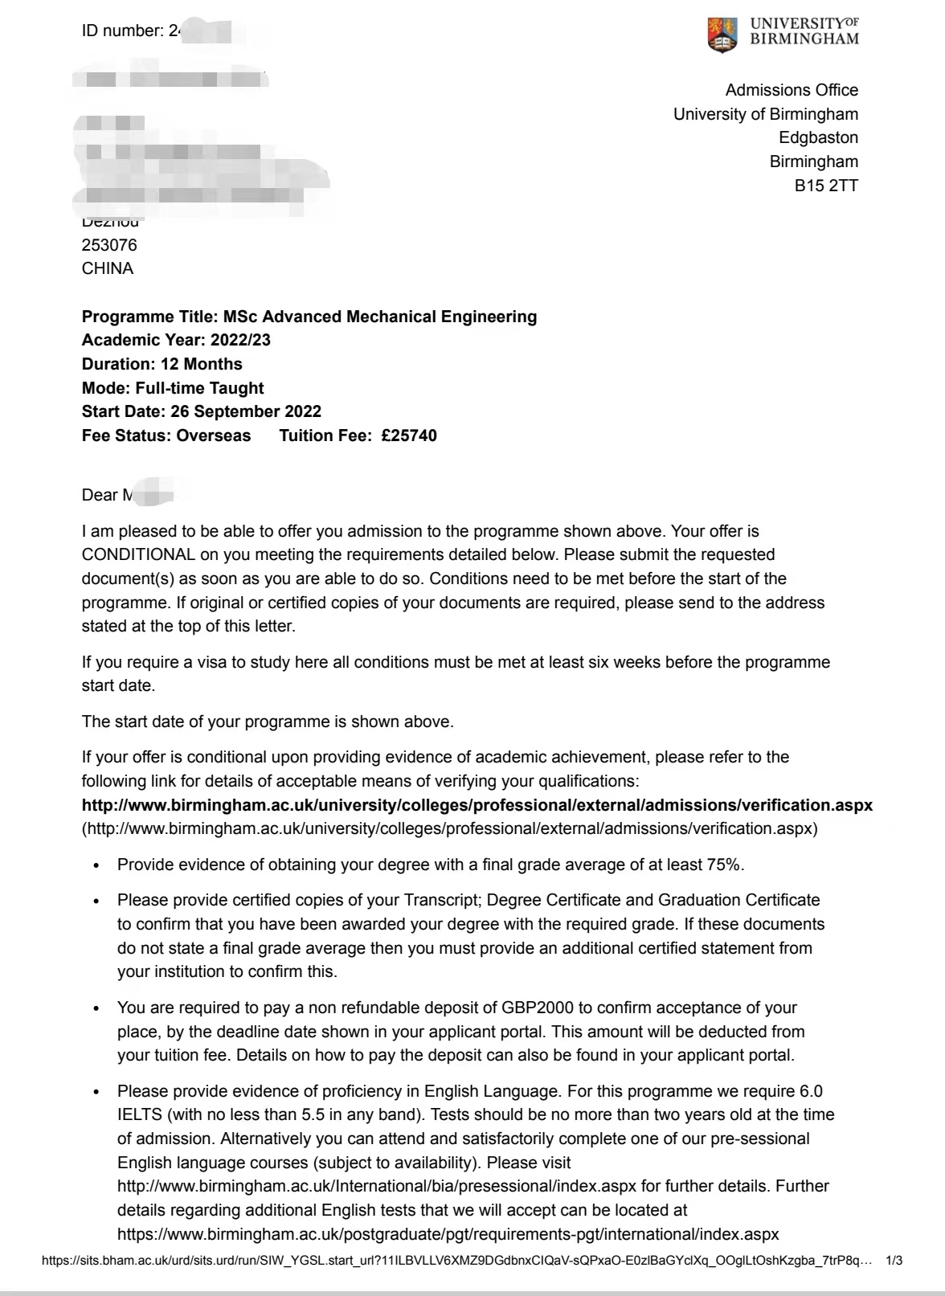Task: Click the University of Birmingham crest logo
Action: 722,34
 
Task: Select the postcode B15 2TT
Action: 826,186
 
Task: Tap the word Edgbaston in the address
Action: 818,137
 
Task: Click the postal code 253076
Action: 109,245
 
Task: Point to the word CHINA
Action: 108,268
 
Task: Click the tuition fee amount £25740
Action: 409,435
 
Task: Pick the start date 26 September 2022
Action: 246,411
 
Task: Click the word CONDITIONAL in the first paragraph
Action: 138,554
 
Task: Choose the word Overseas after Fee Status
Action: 213,435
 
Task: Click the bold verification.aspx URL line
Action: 477,805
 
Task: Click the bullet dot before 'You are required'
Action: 97,1008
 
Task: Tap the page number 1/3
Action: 893,1261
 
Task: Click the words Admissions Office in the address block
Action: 791,90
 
